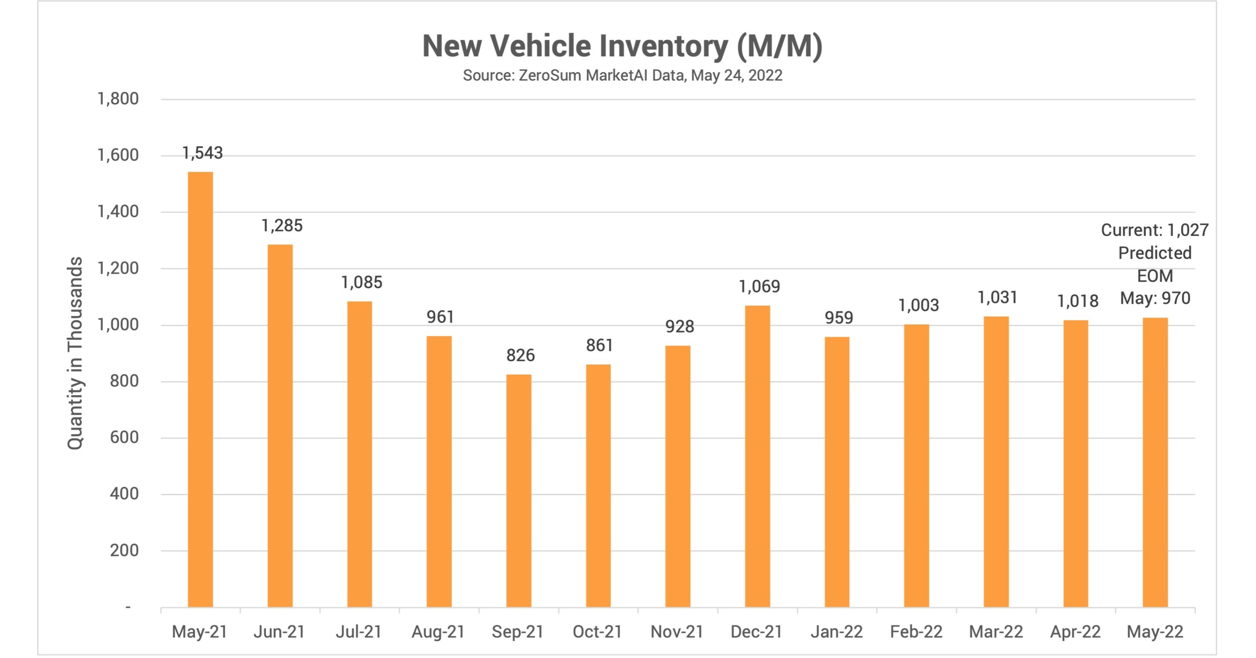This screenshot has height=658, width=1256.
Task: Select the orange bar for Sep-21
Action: click(x=518, y=490)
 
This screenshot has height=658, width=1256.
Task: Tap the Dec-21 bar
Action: click(x=757, y=456)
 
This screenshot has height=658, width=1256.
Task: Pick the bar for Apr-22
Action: click(x=1076, y=463)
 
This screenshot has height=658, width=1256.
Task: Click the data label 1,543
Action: click(x=202, y=153)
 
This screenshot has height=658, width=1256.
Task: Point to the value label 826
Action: click(x=520, y=355)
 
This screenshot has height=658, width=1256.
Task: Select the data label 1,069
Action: click(x=759, y=286)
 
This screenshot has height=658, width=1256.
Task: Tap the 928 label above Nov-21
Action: click(x=679, y=326)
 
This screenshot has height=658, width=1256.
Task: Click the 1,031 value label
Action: click(x=997, y=297)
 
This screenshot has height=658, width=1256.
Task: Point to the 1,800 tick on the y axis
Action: click(x=118, y=99)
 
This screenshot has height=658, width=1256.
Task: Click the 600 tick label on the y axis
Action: click(x=124, y=437)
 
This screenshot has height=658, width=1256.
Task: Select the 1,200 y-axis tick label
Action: click(x=118, y=269)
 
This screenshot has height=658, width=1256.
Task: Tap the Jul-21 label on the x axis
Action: click(x=358, y=631)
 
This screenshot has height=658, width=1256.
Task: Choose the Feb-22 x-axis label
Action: click(x=915, y=631)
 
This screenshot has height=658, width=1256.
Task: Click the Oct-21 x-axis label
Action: click(x=597, y=631)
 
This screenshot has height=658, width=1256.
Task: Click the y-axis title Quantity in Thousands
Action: click(x=75, y=353)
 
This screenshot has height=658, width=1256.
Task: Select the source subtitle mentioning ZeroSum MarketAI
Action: click(x=622, y=75)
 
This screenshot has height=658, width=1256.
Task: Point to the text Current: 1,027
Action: click(x=1154, y=230)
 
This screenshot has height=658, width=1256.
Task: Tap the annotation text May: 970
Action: click(x=1155, y=298)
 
